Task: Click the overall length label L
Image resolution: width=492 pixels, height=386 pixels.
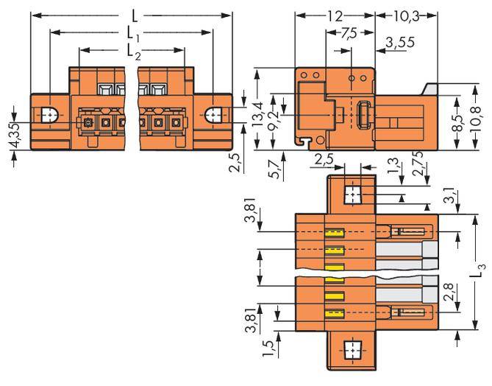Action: (x=133, y=14)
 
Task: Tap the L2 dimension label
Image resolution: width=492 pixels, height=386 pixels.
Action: (x=133, y=51)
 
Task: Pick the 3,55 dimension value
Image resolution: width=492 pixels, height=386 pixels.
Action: (x=400, y=43)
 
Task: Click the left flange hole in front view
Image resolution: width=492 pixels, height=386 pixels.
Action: (x=49, y=116)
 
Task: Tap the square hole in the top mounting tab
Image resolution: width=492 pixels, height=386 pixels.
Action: (x=352, y=194)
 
